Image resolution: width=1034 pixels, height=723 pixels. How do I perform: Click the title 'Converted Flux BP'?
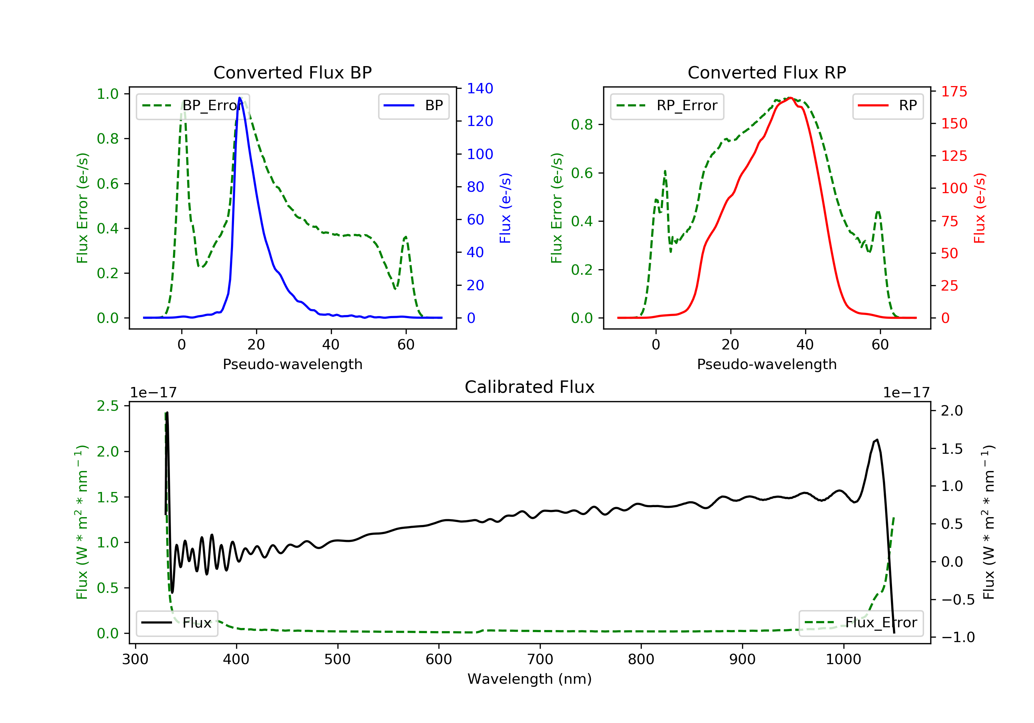292,72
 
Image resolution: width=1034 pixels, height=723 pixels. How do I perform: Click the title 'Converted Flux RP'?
767,72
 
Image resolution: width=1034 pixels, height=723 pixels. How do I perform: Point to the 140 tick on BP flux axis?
480,88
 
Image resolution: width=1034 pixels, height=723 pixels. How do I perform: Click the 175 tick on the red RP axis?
954,92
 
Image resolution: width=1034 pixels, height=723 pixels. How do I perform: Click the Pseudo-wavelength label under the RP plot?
767,364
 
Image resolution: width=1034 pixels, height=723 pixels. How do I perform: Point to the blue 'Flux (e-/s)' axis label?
505,208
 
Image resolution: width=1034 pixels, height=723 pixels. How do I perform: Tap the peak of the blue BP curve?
240,98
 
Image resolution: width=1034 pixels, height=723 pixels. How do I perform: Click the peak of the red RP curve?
790,98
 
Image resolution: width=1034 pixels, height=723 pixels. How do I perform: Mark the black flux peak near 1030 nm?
877,440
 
